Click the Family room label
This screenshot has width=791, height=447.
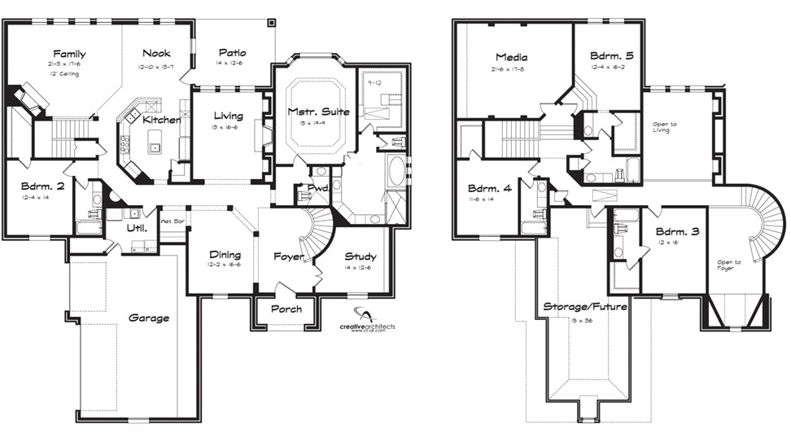click(70, 54)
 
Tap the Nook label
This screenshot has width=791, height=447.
click(156, 54)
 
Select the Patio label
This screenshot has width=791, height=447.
click(231, 54)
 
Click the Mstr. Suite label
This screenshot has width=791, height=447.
click(318, 111)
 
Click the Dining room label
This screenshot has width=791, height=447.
click(225, 254)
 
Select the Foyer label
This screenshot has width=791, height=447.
click(288, 257)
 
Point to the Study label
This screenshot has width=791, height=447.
click(360, 256)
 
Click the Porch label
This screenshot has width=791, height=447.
click(286, 309)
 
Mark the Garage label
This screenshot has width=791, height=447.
click(149, 318)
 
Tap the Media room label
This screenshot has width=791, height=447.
click(512, 57)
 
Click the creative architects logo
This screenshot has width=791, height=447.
click(368, 321)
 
